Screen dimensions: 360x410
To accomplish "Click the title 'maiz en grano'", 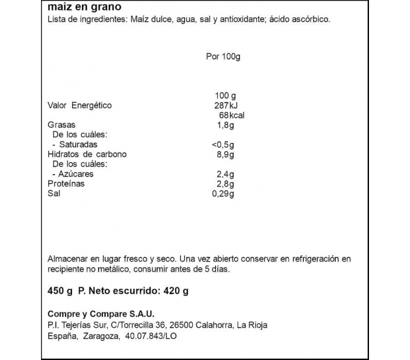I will [84, 8].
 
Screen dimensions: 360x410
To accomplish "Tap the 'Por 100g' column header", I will [224, 56].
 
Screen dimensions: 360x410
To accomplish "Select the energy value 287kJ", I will [228, 106].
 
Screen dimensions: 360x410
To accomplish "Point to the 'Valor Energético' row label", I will [79, 106].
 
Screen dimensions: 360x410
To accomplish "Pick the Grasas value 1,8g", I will [225, 125].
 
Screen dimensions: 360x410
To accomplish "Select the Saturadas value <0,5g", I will [223, 144].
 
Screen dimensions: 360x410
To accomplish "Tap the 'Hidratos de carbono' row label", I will [87, 154].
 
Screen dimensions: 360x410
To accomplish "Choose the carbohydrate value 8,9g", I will [225, 154].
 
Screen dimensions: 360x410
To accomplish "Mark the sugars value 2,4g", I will [225, 174].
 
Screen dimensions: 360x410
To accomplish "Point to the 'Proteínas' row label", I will [66, 184].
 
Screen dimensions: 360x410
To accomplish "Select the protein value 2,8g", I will [225, 184].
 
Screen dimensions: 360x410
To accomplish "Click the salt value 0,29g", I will [223, 194].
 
